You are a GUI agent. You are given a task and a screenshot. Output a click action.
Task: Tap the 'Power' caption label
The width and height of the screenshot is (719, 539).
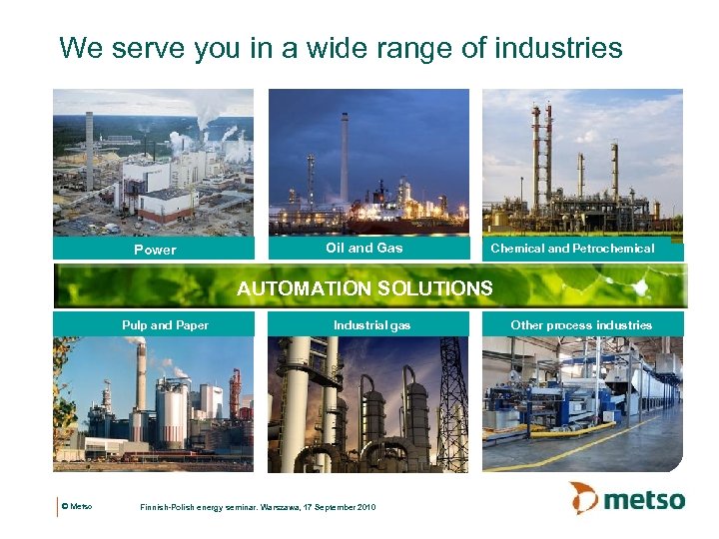[155, 250]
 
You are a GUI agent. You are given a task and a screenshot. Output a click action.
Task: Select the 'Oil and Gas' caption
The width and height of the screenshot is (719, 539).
[363, 248]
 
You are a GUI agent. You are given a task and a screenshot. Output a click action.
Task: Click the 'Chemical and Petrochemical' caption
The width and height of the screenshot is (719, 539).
[572, 249]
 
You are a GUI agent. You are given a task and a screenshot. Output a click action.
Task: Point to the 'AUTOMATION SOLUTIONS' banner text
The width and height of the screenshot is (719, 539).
[364, 288]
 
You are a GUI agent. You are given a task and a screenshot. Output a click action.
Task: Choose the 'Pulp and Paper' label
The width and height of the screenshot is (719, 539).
[165, 324]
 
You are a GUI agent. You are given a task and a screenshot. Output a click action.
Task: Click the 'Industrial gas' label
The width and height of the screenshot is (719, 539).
[371, 324]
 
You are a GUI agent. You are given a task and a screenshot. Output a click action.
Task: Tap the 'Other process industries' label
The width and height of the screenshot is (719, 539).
[580, 324]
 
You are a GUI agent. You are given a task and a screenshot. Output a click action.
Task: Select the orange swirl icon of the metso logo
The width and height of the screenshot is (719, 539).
[584, 497]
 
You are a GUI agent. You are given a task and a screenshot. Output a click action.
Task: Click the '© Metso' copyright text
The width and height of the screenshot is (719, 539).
[77, 507]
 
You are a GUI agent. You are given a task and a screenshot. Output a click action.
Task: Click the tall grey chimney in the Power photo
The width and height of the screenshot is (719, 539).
[89, 150]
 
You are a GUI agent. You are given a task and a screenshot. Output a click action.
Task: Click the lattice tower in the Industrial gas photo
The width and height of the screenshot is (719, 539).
[452, 399]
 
